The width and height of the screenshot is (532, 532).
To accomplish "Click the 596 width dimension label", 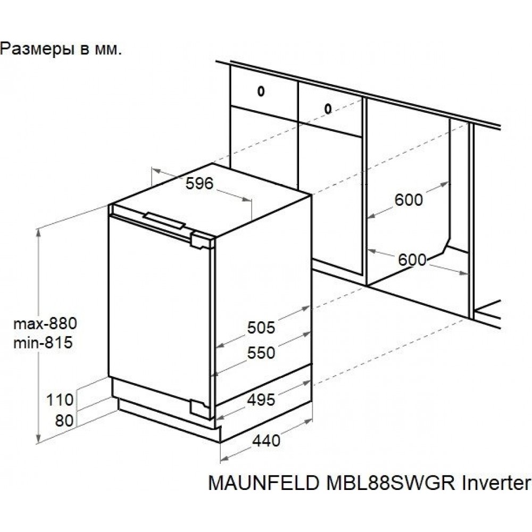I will pos(199,184).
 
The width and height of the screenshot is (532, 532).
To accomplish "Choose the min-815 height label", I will pos(43,343).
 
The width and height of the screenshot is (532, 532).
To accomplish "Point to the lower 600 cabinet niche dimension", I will pos(412,260).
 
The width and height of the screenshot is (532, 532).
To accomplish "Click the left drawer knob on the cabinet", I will pos(261,91).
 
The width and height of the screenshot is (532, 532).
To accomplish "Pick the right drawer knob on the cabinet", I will pos(328,110).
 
